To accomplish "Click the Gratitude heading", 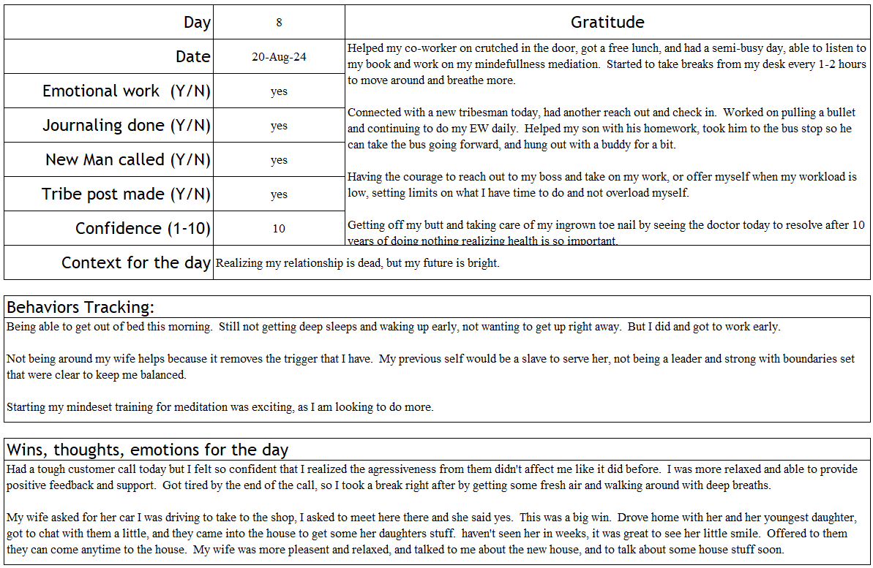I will [607, 23].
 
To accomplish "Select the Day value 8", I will [279, 23].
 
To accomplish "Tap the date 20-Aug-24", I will [279, 57].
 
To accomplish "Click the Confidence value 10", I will [279, 229].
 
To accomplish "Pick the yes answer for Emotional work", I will [279, 91].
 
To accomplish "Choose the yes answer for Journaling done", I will [279, 126].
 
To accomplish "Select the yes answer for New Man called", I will [279, 160].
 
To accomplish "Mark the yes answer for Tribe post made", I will [279, 194].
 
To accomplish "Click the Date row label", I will [192, 57].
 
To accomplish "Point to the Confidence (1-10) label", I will [143, 229].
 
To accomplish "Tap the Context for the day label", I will [136, 263].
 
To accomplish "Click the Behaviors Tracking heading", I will [80, 308].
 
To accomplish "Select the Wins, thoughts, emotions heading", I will [147, 450].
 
